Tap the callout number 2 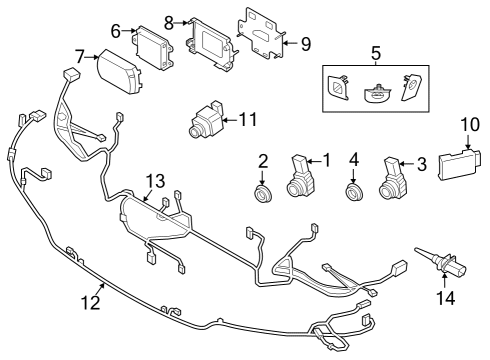(264, 160)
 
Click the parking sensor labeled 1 (299, 176)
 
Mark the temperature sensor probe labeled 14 (440, 262)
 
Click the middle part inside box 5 (376, 90)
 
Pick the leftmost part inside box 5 (339, 89)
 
